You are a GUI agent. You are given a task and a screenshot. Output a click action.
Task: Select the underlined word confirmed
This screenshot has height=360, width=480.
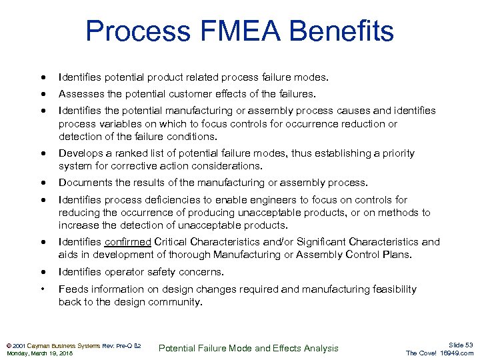pyautogui.click(x=129, y=242)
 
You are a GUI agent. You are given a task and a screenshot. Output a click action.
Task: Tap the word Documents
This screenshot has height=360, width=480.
pyautogui.click(x=83, y=183)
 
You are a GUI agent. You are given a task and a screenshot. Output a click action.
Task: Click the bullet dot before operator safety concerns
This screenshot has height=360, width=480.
pyautogui.click(x=43, y=272)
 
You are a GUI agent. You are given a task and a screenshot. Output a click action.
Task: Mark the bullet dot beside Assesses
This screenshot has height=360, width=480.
pyautogui.click(x=43, y=94)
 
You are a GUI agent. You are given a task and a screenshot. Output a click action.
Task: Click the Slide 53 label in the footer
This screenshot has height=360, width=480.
pyautogui.click(x=461, y=345)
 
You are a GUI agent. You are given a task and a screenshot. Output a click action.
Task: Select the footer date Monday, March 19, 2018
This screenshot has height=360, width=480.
pyautogui.click(x=39, y=353)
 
